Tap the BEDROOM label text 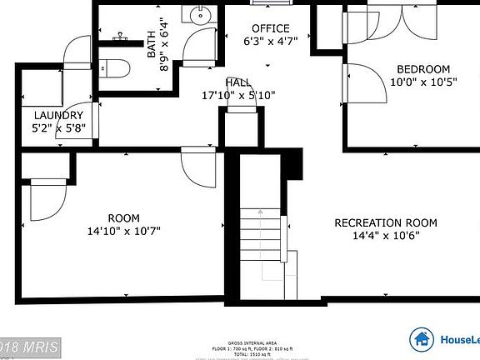(422, 69)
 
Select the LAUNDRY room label (58, 115)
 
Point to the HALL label (238, 82)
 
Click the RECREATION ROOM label (385, 222)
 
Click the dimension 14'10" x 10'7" (123, 231)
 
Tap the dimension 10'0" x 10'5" (422, 82)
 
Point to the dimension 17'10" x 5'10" (238, 95)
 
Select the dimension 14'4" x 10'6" (384, 235)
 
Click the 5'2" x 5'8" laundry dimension (58, 128)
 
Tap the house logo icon (422, 338)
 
